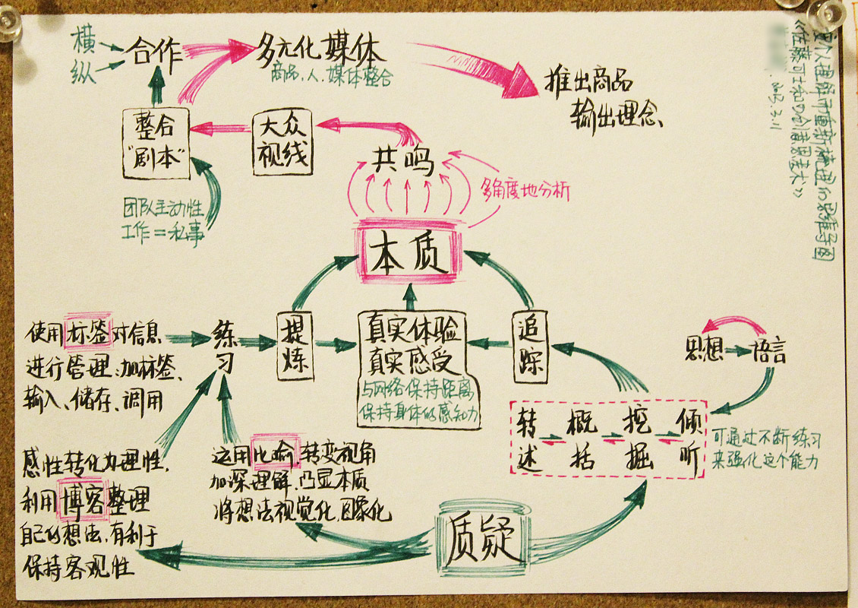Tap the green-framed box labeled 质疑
(483, 545)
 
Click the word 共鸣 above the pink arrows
(402, 160)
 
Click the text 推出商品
(588, 83)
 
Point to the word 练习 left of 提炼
(223, 346)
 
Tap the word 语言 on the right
(768, 351)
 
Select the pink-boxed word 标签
(89, 332)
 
